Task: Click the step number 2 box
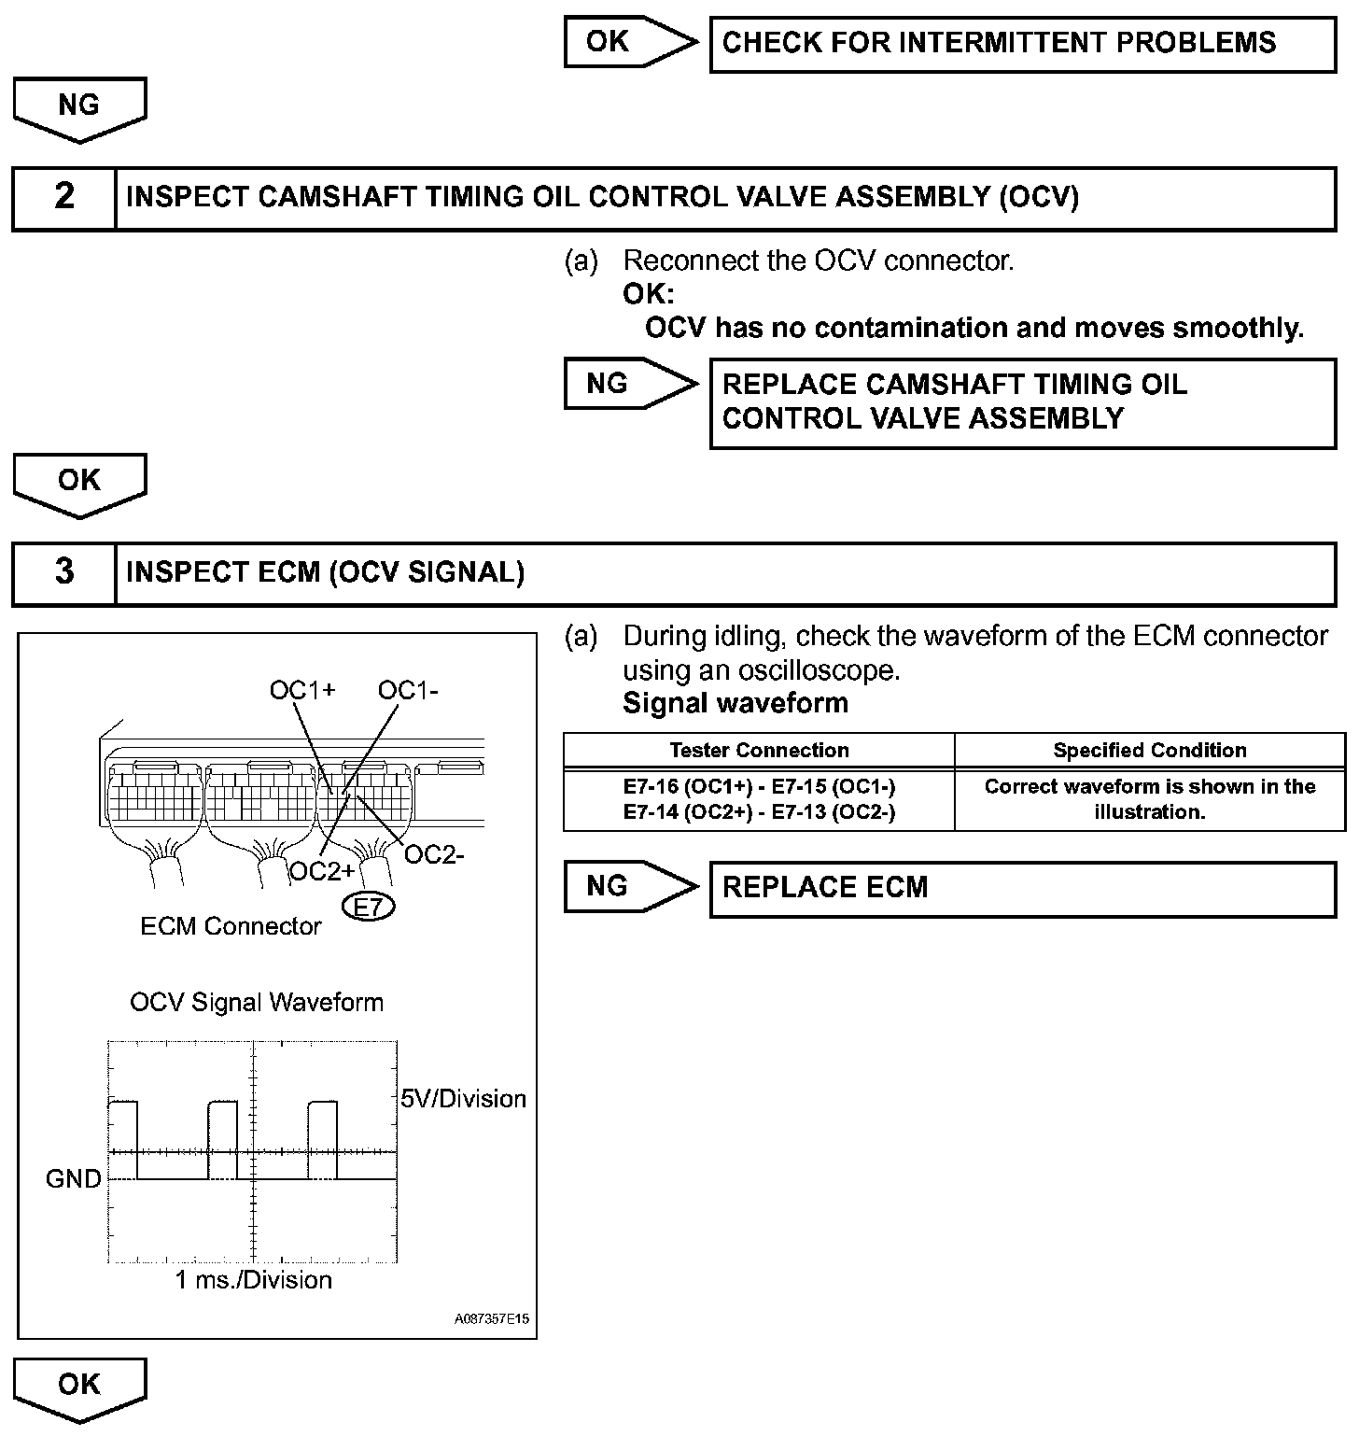(63, 197)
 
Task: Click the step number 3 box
(63, 572)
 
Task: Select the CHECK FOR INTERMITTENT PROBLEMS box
(1022, 43)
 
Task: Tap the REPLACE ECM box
(1022, 887)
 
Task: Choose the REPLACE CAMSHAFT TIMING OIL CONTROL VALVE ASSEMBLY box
(1022, 402)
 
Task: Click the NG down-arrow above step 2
(79, 107)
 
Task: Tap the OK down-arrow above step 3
(79, 483)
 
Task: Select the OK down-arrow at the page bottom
(79, 1387)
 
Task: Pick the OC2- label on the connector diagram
(434, 854)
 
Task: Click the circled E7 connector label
(370, 907)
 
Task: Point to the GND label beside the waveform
(74, 1179)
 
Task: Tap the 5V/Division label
(463, 1099)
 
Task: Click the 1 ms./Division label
(254, 1280)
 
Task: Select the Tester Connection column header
(759, 751)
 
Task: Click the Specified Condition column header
(1149, 751)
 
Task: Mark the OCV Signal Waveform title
(257, 1003)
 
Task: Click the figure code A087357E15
(492, 1319)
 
